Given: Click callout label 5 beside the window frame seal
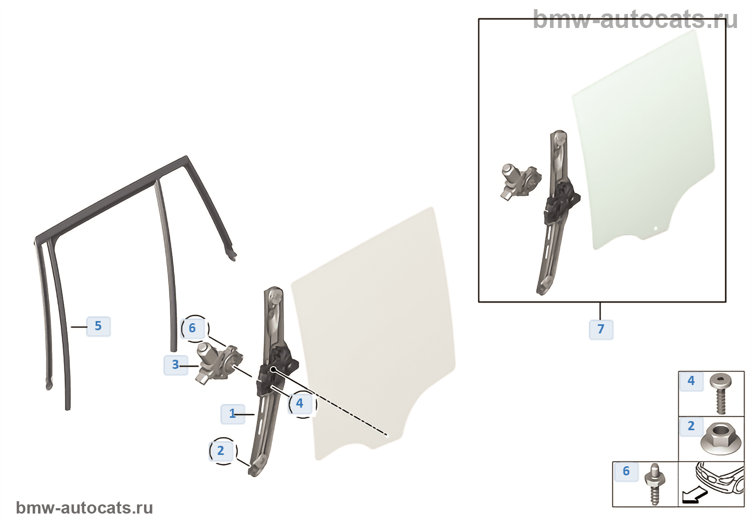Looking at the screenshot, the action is pos(98,326).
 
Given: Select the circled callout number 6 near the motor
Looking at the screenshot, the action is pos(193,329).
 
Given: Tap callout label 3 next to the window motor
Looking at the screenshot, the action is pos(176,365).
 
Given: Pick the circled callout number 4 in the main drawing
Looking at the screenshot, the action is pos(300,403).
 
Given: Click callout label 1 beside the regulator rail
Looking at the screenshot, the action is pos(232,414).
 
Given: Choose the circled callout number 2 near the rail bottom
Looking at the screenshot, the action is pos(221,451).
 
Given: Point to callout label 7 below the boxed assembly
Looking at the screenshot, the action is pos(601,329).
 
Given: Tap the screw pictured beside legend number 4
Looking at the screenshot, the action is pos(721,393).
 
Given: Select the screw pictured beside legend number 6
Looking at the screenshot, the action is pos(655,485).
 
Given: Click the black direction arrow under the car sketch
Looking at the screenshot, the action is pos(696,495).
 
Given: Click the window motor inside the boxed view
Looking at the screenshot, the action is pos(520,182).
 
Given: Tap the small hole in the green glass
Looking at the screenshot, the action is pos(656,229).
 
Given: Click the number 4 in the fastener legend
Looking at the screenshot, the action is pos(691,381).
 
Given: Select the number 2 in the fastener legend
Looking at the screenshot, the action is pos(691,426).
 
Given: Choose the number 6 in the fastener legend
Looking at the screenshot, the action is pos(626,471).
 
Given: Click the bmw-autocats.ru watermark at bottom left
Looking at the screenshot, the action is pos(84,508).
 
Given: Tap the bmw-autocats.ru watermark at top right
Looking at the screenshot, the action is pos(635,19).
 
